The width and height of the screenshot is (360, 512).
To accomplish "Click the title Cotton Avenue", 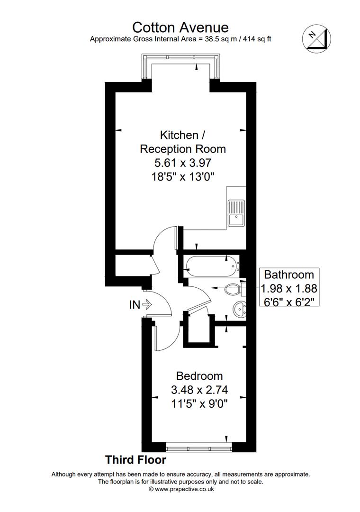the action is tap(180, 27).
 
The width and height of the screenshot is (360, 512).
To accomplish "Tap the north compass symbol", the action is tap(316, 38).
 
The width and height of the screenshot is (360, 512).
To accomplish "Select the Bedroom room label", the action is tap(199, 376).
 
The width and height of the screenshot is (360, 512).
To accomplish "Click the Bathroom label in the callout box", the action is tap(289, 274).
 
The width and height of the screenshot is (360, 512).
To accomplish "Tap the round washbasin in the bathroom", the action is tap(240, 309).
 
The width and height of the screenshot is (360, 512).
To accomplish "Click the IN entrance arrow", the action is tap(147, 305).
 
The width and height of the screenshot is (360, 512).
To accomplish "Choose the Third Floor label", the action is tap(135, 460).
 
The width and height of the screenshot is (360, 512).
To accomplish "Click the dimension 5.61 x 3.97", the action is tap(183, 162).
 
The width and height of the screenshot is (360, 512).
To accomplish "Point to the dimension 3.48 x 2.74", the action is tap(199, 390).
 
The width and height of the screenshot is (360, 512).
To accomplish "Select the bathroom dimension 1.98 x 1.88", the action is tap(289, 288).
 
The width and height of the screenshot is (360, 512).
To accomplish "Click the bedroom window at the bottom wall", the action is tap(199, 447).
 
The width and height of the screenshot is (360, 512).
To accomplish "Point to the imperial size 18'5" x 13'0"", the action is tap(183, 177).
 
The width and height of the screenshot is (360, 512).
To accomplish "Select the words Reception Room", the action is tap(183, 149).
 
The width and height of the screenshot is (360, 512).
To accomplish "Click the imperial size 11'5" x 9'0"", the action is tap(199, 404).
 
